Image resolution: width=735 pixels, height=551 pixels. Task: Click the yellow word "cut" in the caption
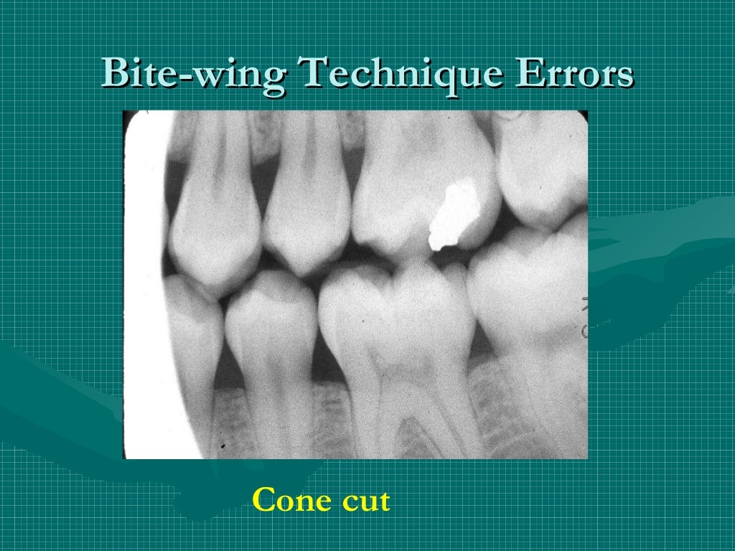(365, 501)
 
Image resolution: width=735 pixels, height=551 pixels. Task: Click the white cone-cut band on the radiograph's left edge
(144, 287)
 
